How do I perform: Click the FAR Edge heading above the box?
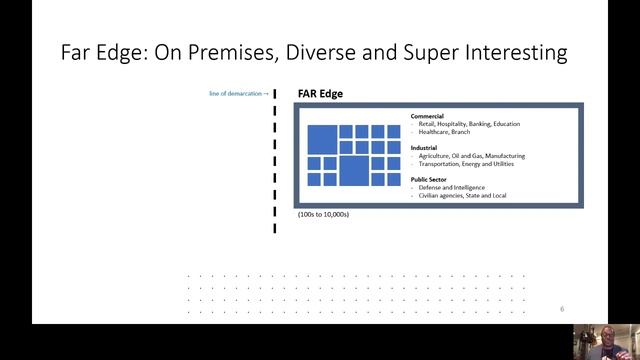click(320, 93)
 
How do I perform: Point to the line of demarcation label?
click(237, 93)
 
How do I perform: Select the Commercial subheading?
click(427, 116)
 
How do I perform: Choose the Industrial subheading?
click(424, 148)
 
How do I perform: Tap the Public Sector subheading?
click(430, 179)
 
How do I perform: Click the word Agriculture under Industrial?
click(438, 156)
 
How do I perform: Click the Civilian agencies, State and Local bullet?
click(462, 195)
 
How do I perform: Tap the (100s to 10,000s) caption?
click(323, 214)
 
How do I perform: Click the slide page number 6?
click(562, 309)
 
